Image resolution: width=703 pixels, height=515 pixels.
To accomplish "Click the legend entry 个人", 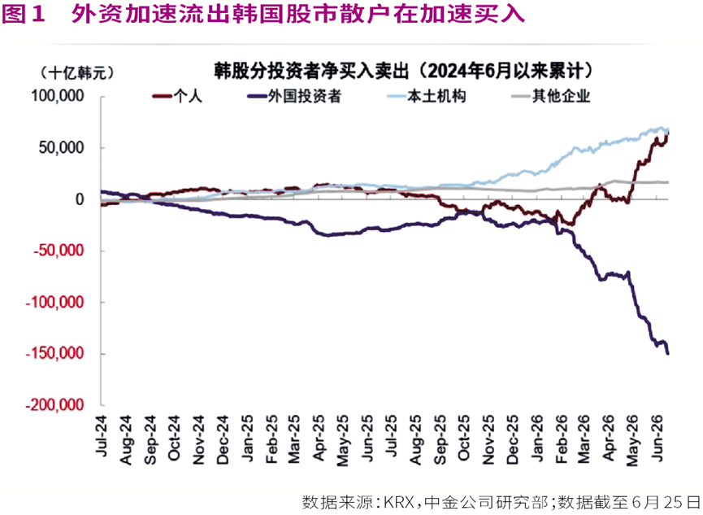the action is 177,96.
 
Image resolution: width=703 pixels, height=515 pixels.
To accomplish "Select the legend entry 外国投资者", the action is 294,96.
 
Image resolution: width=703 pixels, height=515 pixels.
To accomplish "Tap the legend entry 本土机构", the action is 427,96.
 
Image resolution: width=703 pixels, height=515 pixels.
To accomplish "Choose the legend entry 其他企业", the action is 551,96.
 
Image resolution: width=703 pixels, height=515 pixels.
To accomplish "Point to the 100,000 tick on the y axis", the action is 58,96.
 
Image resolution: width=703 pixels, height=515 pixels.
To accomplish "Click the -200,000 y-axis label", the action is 54,405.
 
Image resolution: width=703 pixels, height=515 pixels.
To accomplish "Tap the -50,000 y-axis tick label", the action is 59,251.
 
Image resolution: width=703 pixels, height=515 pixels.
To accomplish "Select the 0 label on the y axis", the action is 80,199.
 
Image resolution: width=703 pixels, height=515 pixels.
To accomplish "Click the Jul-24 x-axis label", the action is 102,436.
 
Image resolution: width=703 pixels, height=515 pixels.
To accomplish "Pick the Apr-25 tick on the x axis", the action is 319,439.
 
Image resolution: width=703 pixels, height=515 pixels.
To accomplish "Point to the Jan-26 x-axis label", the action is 536,439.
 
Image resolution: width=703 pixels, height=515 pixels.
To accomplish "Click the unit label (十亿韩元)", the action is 77,72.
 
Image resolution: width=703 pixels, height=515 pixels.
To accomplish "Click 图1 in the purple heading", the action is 24,14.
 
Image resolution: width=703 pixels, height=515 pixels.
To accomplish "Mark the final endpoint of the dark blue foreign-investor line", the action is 668,354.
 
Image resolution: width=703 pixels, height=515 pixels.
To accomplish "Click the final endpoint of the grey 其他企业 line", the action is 668,182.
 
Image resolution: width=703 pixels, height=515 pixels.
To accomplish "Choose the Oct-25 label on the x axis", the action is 464,438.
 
